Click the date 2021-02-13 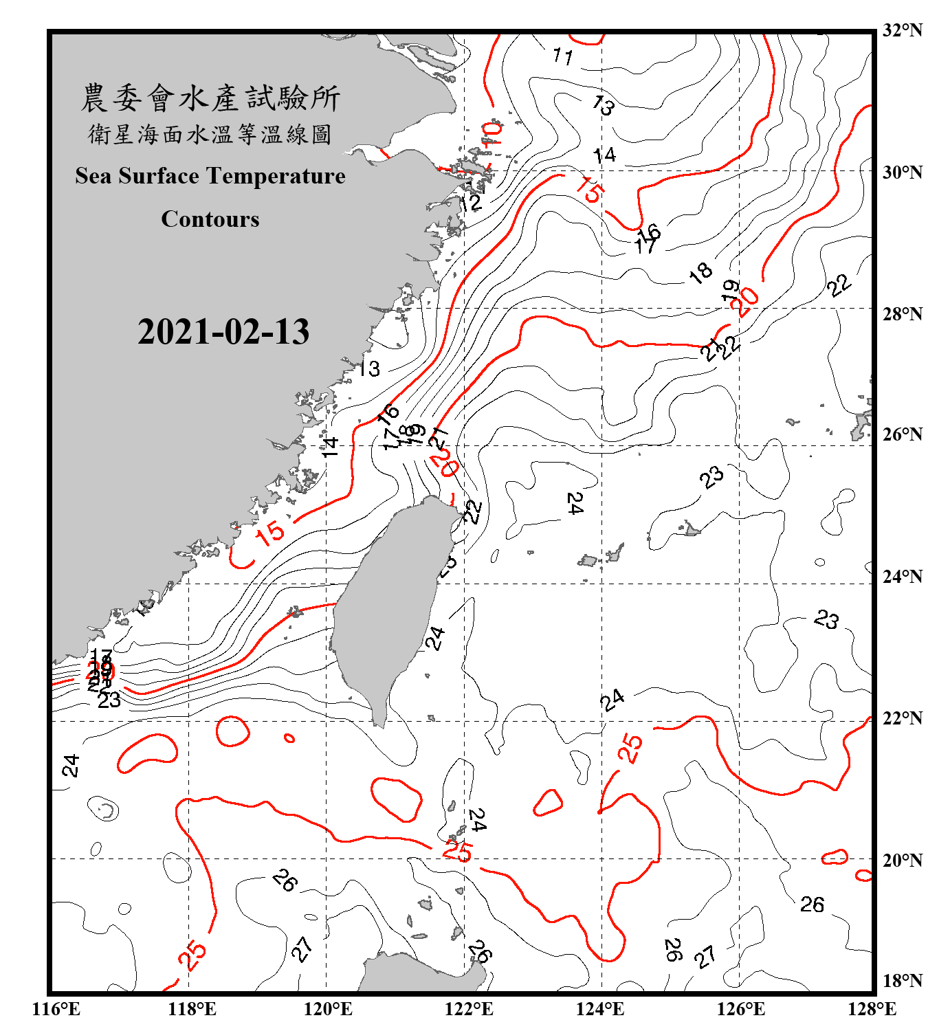point(223,332)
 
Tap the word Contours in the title point(210,219)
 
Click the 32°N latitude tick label point(902,30)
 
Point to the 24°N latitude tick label point(902,576)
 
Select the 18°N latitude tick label point(902,980)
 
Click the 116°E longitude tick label point(56,1009)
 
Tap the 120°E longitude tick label point(328,1009)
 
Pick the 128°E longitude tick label point(872,1009)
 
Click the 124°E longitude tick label point(600,1009)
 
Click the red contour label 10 point(493,133)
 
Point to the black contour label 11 point(562,56)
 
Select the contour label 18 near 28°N point(700,273)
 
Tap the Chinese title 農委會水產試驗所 point(210,98)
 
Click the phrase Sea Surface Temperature point(210,176)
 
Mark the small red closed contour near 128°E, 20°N point(835,857)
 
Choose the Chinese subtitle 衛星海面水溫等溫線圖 point(210,135)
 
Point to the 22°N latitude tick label point(902,718)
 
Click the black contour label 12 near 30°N point(472,203)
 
